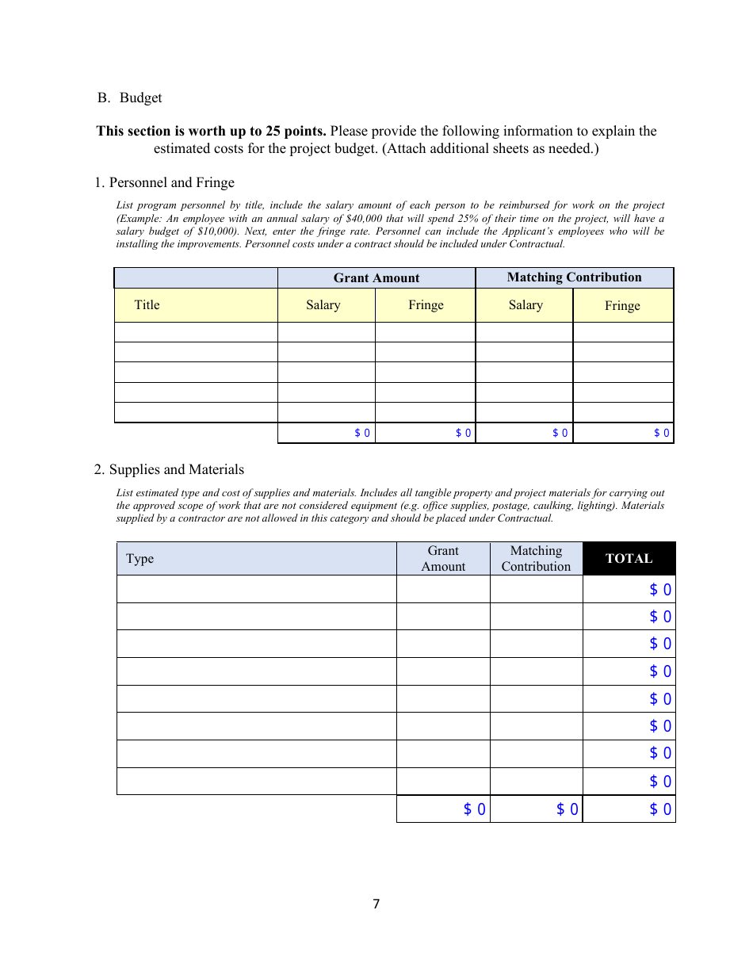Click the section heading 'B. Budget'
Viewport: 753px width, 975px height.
[x=130, y=97]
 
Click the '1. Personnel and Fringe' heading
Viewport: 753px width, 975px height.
[x=164, y=182]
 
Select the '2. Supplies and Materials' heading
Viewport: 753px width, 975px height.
[x=169, y=469]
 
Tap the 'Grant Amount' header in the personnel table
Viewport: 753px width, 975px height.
[x=376, y=277]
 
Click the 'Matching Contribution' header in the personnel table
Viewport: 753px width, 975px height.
[x=574, y=277]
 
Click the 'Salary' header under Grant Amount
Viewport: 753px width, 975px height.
[x=323, y=305]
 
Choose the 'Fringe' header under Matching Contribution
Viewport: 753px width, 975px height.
[x=622, y=305]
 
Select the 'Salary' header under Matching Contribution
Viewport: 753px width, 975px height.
[x=526, y=305]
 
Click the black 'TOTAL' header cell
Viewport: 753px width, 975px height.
[x=629, y=558]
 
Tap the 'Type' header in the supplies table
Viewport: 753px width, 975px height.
[x=140, y=558]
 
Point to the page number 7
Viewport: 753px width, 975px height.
[x=376, y=904]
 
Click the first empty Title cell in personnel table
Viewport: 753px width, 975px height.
[x=196, y=331]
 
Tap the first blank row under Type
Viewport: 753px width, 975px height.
[x=256, y=589]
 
